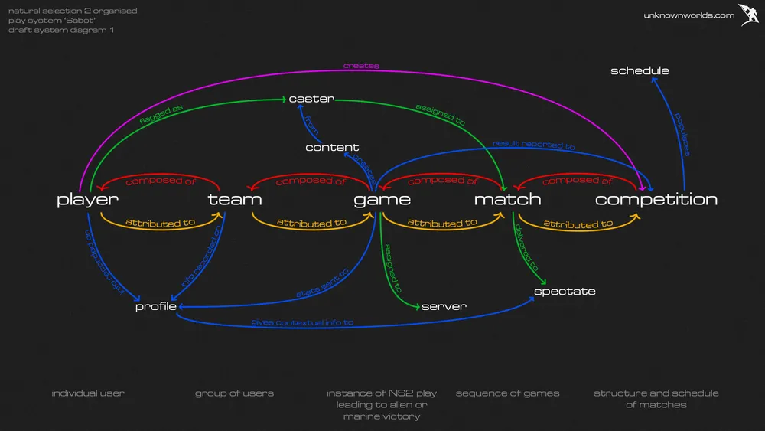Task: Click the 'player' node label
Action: point(88,200)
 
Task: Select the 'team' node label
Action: point(235,200)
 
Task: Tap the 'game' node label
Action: point(382,200)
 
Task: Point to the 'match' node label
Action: point(507,200)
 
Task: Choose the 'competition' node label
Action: point(656,200)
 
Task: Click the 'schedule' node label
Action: point(640,71)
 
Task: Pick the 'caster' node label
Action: point(311,99)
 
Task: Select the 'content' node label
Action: point(332,147)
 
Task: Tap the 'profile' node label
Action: point(156,306)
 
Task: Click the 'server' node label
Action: point(444,306)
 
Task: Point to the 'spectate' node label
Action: point(565,291)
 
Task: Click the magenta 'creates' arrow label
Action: point(361,66)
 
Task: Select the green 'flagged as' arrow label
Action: point(162,117)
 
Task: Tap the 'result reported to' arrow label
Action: point(534,144)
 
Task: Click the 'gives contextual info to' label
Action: point(302,322)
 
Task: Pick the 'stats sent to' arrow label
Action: point(322,282)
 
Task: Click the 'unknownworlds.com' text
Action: point(688,15)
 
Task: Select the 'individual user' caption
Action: point(88,393)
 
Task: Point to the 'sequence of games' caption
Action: point(507,393)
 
